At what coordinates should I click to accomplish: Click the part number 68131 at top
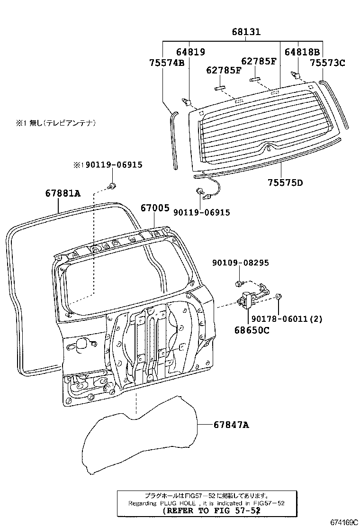point(246,32)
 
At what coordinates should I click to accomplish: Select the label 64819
point(191,52)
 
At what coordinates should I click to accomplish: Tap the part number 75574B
point(166,62)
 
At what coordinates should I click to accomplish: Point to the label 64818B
point(302,52)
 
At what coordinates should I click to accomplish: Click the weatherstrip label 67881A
point(63,193)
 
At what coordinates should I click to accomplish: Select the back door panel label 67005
point(154,208)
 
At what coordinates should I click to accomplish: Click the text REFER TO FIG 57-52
point(211,511)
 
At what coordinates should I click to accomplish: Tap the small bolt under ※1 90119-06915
point(112,185)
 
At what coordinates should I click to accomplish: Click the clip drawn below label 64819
point(187,101)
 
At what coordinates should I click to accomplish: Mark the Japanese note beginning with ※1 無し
point(56,123)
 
